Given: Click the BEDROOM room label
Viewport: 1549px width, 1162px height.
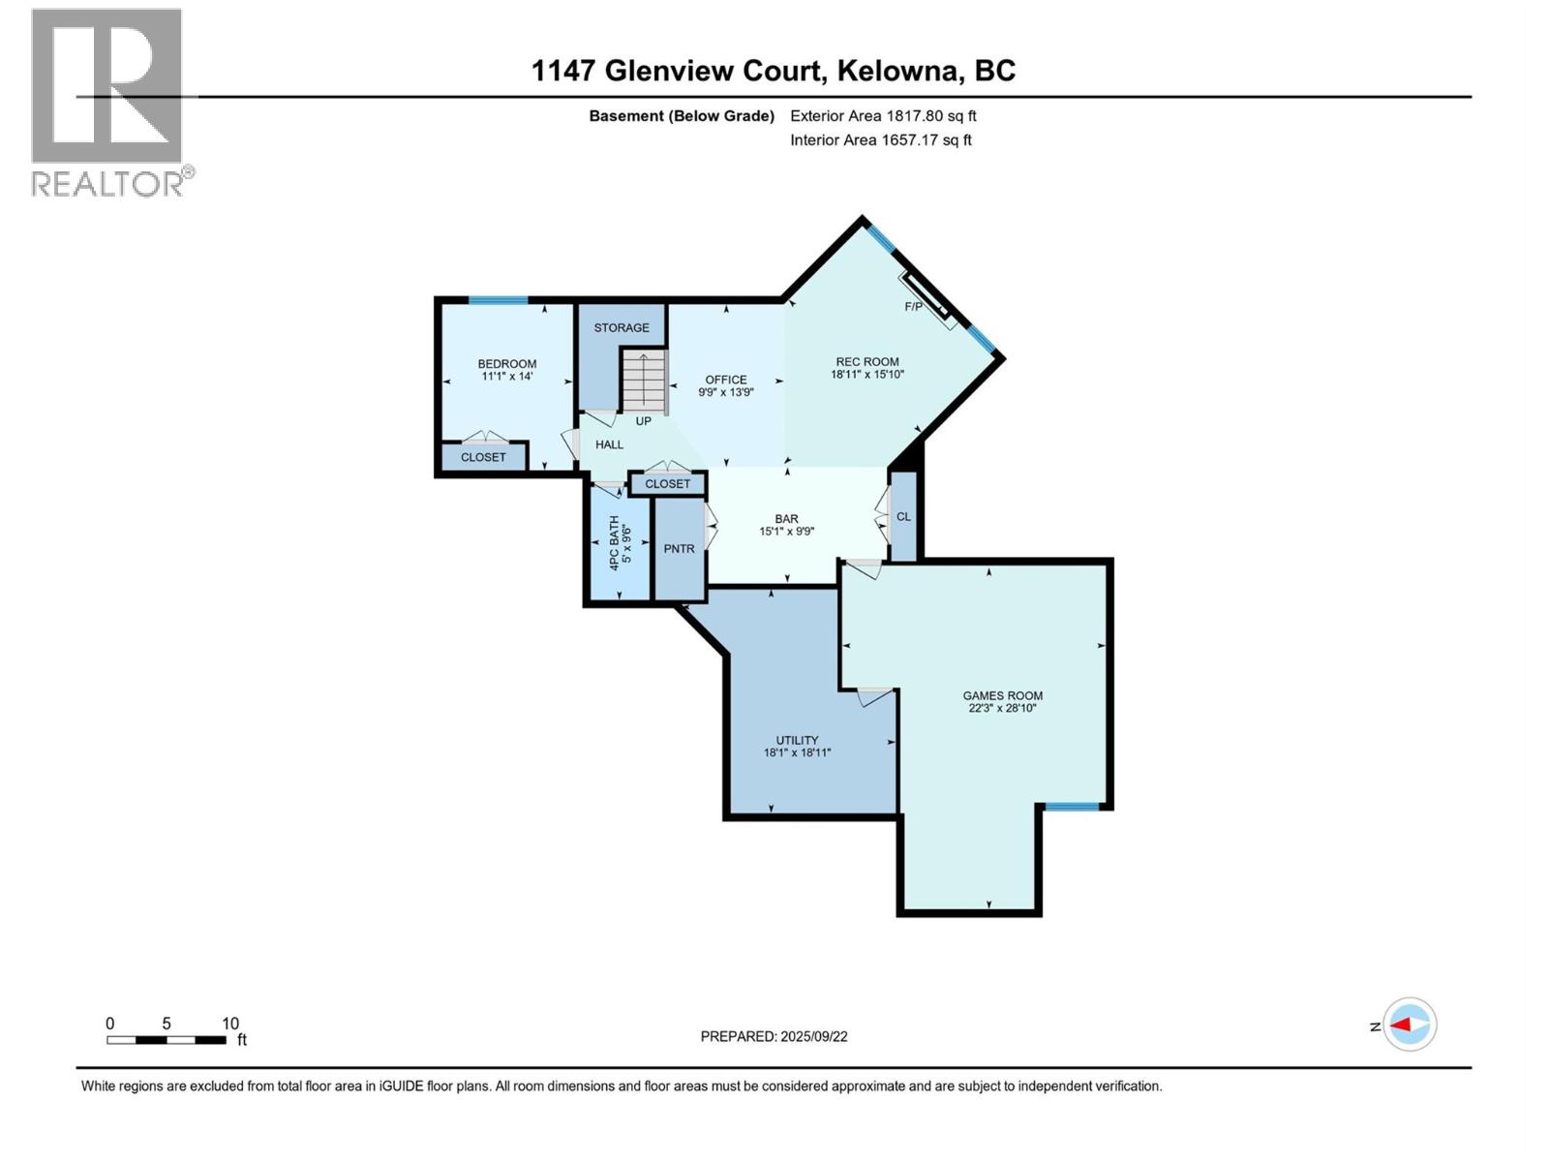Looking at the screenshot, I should click(506, 364).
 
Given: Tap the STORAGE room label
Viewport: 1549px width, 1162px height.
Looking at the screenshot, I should click(622, 328).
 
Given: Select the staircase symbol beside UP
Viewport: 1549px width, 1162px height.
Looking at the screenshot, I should click(644, 381).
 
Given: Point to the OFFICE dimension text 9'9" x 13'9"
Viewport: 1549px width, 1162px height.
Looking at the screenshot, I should click(726, 392).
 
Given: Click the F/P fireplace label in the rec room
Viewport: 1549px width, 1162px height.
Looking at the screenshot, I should click(913, 307).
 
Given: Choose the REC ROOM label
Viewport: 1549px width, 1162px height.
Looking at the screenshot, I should click(867, 362).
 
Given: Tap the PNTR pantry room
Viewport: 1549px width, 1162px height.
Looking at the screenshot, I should click(680, 549).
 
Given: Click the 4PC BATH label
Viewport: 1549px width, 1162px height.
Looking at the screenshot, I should click(614, 541).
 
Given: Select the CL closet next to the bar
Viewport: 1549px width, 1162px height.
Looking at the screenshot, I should click(903, 517).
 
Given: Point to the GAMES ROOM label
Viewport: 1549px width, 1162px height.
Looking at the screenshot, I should click(1002, 695).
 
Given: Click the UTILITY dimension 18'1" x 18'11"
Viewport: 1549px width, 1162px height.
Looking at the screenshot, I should click(797, 752).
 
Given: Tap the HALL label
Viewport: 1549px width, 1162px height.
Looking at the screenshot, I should click(609, 444).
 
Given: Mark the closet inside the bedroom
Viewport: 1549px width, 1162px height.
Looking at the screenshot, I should click(483, 457).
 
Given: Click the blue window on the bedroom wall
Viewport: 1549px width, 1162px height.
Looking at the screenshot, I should click(498, 300).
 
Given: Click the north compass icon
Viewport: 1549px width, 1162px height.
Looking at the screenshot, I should click(1410, 1024).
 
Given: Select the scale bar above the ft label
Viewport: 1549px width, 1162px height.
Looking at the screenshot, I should click(167, 1040).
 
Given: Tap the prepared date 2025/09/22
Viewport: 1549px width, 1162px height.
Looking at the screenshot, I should click(812, 1036).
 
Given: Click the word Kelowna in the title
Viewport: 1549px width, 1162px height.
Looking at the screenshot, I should click(900, 71).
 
